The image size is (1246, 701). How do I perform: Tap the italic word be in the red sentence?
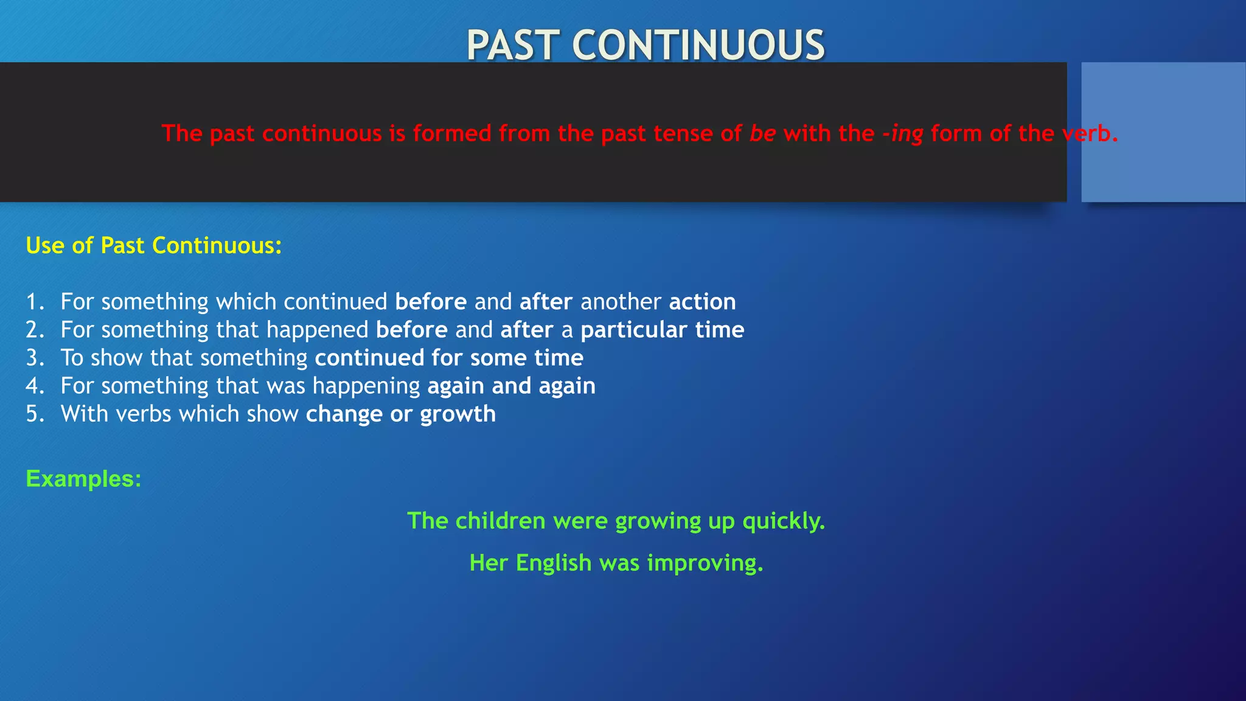(x=762, y=133)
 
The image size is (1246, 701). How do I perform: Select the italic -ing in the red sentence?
(x=903, y=133)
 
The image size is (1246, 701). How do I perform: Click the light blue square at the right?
(x=1163, y=131)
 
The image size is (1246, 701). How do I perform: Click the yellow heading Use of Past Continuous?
(x=154, y=246)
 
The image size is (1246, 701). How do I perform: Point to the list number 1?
(x=35, y=302)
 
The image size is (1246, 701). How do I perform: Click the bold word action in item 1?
(x=702, y=302)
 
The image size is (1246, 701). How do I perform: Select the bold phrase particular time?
(x=662, y=330)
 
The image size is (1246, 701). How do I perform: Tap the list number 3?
(x=35, y=358)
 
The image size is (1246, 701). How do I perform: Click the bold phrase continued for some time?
(x=448, y=358)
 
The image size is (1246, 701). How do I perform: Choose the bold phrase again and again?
(x=511, y=386)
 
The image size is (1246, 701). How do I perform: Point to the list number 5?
(x=35, y=414)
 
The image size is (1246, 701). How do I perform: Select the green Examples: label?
(x=83, y=479)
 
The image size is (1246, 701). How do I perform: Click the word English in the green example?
(x=553, y=563)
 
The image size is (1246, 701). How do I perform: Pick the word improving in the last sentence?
(x=705, y=563)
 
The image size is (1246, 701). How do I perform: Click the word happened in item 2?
(x=317, y=330)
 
